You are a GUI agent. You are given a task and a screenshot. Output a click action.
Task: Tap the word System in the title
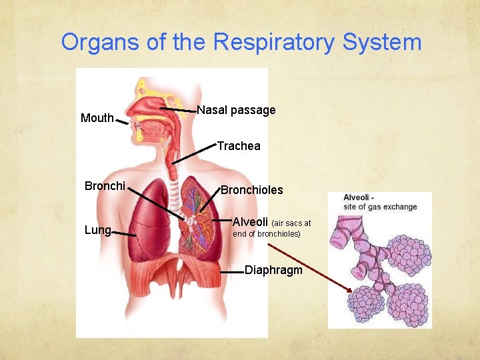(382, 42)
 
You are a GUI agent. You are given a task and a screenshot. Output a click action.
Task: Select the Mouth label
(97, 118)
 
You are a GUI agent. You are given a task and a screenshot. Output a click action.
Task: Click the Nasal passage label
(236, 110)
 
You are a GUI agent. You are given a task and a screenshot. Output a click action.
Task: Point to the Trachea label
(239, 146)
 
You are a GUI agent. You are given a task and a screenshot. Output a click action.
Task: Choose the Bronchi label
(105, 186)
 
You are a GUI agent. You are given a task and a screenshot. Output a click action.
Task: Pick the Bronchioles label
(251, 190)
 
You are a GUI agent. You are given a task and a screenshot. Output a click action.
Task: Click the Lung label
(97, 230)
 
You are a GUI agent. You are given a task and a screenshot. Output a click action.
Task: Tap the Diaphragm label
(273, 270)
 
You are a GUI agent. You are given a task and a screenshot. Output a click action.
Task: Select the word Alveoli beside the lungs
(250, 221)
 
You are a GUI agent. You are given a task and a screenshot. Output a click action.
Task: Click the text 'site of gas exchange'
(380, 207)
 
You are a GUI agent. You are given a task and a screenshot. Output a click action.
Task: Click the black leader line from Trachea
(193, 153)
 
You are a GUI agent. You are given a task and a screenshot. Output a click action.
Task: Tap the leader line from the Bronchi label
(157, 203)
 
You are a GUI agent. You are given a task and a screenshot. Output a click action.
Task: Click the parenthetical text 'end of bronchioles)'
(266, 234)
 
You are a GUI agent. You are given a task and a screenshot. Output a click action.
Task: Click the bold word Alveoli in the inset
(358, 197)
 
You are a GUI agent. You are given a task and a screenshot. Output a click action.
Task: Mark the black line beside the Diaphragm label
(230, 272)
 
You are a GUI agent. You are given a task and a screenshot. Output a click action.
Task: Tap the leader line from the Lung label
(123, 233)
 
